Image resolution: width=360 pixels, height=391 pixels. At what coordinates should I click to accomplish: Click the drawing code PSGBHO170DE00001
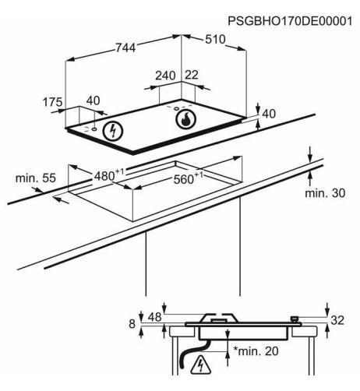[x=290, y=21]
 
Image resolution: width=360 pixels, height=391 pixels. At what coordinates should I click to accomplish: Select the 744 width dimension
[x=125, y=48]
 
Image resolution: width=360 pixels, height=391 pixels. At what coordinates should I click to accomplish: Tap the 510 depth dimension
[x=215, y=40]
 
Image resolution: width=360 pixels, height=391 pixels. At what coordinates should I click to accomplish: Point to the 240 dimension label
[x=165, y=76]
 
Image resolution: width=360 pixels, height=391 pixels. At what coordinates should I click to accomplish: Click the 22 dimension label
[x=192, y=75]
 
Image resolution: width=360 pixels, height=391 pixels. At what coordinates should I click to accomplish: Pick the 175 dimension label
[x=52, y=102]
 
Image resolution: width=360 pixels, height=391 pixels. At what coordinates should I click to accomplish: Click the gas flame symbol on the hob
[x=185, y=119]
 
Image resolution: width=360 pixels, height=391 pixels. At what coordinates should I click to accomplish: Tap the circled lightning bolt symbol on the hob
[x=113, y=131]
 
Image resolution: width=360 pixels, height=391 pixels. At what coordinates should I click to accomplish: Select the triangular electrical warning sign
[x=200, y=365]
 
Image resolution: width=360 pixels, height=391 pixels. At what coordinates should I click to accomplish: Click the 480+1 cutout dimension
[x=109, y=175]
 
